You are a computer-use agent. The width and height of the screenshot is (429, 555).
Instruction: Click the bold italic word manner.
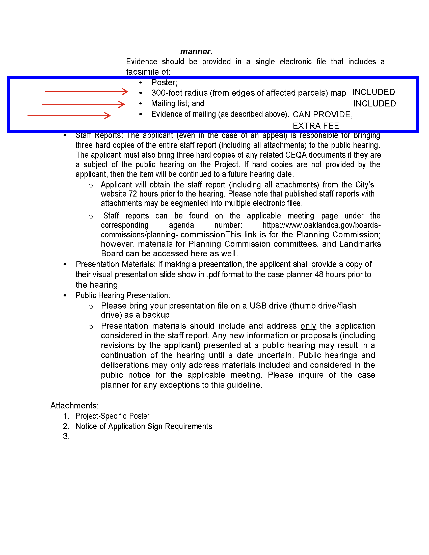[x=196, y=51]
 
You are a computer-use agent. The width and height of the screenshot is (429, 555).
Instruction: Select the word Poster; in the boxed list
[x=164, y=82]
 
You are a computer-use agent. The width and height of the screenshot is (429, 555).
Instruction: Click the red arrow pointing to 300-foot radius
[x=86, y=92]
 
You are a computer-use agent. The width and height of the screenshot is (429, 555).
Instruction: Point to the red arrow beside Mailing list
[x=83, y=104]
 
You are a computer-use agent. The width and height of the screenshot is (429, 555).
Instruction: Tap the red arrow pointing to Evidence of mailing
[x=69, y=116]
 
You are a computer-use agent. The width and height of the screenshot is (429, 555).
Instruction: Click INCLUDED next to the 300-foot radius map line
[x=373, y=92]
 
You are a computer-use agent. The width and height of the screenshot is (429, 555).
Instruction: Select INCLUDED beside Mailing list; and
[x=374, y=104]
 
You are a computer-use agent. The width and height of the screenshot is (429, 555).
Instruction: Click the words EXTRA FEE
[x=316, y=126]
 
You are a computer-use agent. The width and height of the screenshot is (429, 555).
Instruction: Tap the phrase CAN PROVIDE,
[x=323, y=115]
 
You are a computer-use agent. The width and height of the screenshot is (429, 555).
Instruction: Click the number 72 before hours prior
[x=133, y=194]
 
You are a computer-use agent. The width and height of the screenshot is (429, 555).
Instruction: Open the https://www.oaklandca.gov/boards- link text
[x=321, y=225]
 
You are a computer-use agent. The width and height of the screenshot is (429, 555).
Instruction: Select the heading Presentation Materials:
[x=116, y=264]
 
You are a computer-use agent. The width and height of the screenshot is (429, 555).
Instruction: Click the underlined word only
[x=308, y=326]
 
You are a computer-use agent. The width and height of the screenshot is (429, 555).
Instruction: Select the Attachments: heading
[x=74, y=406]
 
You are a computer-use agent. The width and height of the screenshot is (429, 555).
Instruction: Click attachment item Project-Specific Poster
[x=112, y=416]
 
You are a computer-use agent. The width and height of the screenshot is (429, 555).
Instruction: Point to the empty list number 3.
[x=66, y=436]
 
